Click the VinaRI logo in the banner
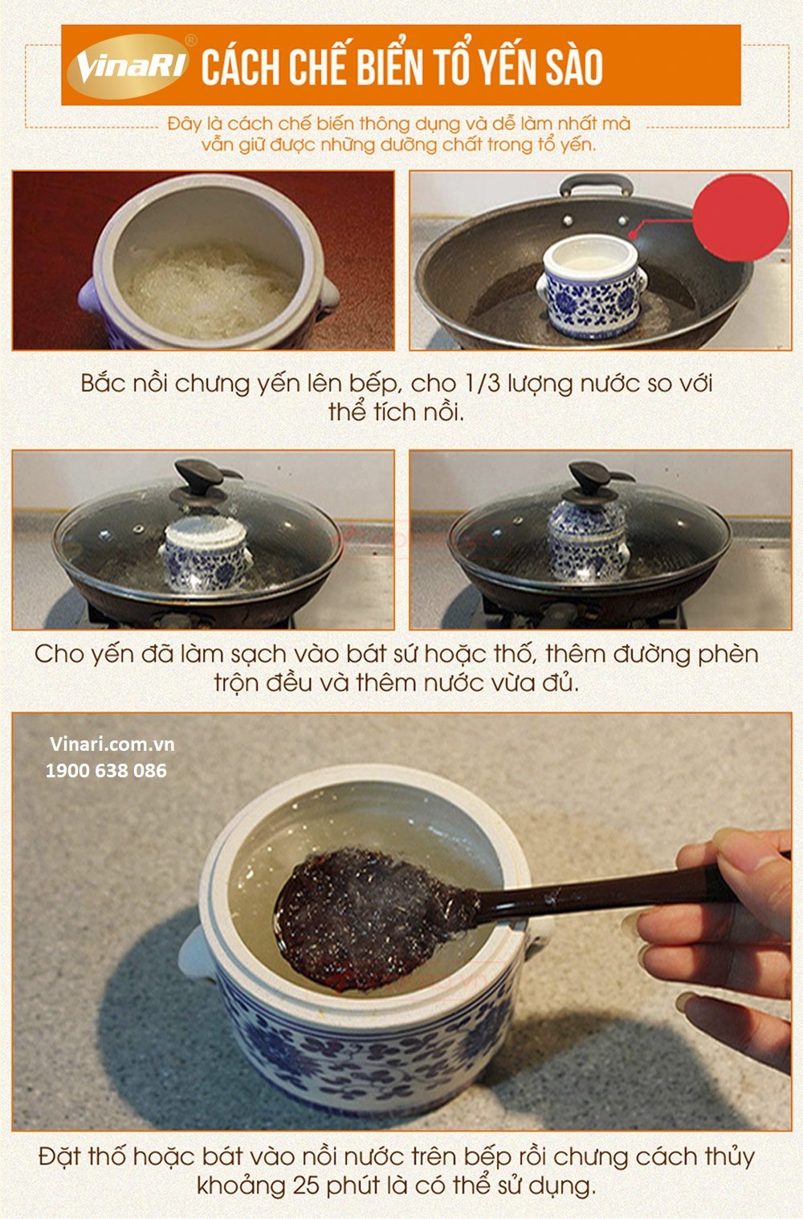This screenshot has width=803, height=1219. click(x=128, y=66)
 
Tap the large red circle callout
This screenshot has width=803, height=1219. click(x=740, y=218)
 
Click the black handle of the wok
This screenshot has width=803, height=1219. click(x=597, y=184)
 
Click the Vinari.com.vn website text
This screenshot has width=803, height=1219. click(x=112, y=744)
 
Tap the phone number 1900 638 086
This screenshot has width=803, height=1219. click(x=106, y=771)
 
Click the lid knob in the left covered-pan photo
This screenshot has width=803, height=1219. click(x=199, y=474)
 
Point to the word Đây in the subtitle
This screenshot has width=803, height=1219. click(x=185, y=124)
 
